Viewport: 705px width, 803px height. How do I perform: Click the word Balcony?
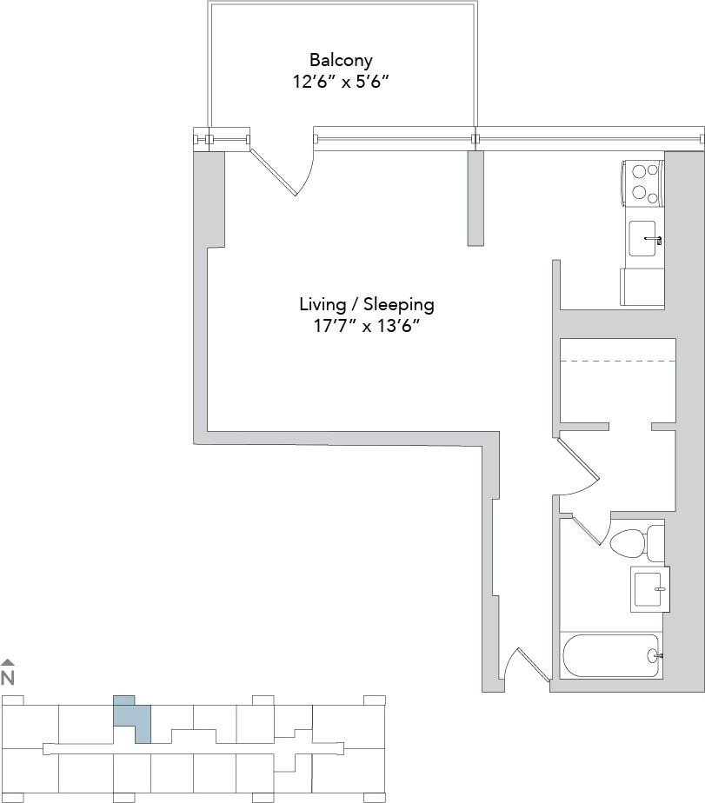(341, 61)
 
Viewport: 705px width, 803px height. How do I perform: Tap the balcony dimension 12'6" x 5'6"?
(341, 83)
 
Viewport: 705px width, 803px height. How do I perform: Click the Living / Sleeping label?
(366, 305)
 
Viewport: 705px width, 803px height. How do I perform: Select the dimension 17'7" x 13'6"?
(366, 327)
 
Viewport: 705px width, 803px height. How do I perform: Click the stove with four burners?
(642, 183)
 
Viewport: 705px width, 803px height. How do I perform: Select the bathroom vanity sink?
(649, 588)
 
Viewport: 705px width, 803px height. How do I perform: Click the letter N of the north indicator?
(8, 678)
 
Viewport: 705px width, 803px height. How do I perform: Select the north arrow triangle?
(8, 662)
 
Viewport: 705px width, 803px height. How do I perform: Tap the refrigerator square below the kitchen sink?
(642, 286)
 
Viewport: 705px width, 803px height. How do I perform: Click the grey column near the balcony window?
(476, 198)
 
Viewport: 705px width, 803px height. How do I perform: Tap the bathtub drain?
(652, 656)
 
